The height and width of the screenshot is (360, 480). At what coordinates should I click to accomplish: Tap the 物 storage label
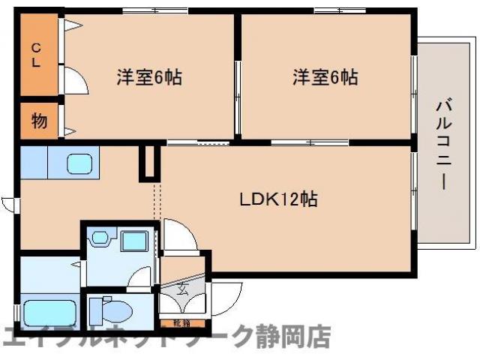39,120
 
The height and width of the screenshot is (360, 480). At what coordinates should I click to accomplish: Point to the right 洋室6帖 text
325,76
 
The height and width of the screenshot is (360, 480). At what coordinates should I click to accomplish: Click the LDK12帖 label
278,199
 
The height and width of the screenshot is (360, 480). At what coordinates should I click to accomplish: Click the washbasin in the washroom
98,240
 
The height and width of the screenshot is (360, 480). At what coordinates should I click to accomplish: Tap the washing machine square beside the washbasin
134,241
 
